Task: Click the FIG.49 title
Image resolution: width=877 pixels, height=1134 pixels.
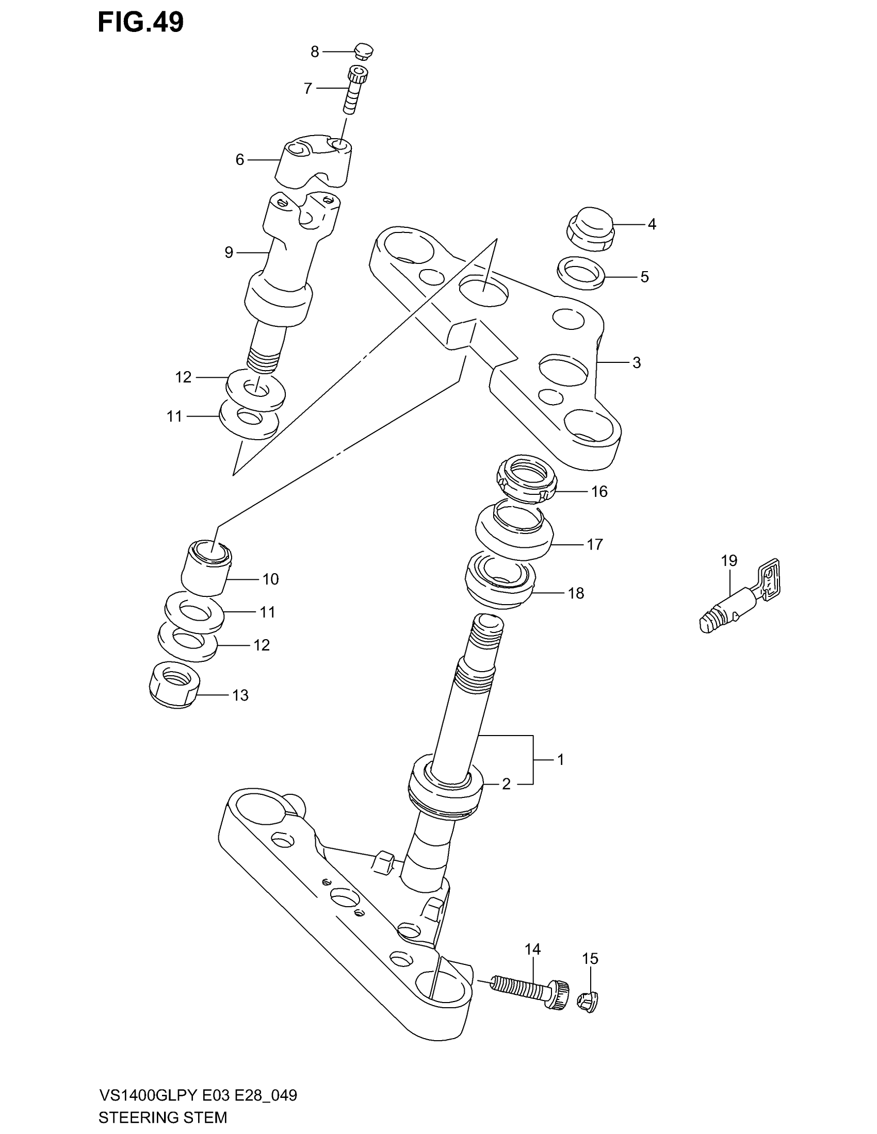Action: click(141, 22)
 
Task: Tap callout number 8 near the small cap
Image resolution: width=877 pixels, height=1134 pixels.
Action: click(315, 52)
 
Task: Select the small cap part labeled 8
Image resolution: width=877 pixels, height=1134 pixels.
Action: click(364, 52)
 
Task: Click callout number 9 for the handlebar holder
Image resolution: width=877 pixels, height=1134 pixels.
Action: click(229, 253)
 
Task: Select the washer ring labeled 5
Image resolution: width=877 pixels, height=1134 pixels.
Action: click(581, 272)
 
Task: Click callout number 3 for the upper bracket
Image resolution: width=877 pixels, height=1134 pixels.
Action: click(637, 363)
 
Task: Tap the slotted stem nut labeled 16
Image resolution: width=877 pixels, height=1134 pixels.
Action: click(527, 479)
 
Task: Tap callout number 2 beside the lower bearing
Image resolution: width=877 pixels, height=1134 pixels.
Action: click(506, 784)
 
